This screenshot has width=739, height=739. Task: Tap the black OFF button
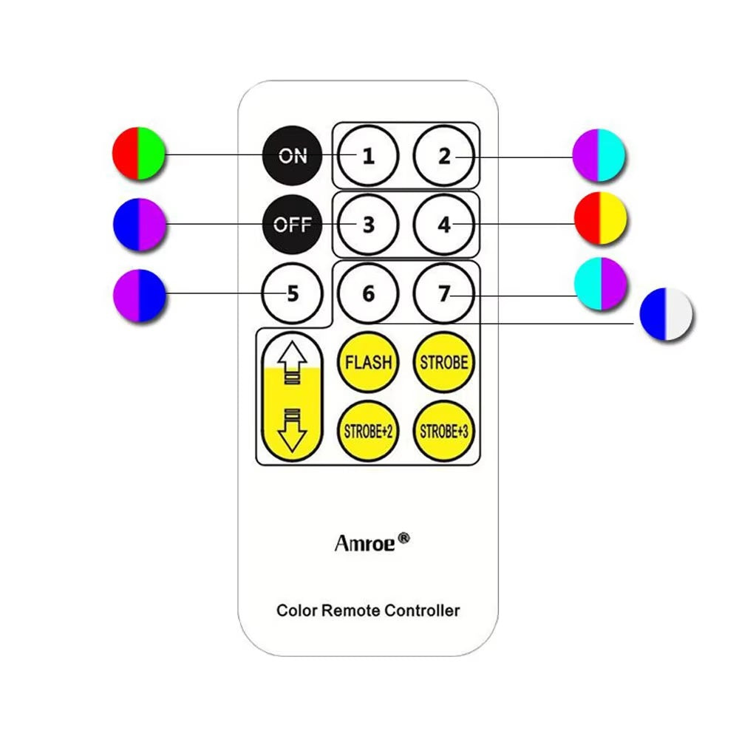coord(292,224)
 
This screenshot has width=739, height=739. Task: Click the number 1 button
coord(368,157)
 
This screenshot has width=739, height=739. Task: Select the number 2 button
coord(443,157)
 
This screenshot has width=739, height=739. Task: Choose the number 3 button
coord(368,225)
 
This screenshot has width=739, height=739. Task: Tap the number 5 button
coord(293,293)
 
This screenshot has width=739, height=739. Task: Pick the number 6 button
coord(368,293)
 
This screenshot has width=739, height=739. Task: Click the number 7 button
coord(443,293)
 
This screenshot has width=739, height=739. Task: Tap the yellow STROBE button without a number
coord(443,362)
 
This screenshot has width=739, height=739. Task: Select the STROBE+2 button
coord(368,431)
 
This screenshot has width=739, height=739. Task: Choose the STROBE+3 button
coord(443,431)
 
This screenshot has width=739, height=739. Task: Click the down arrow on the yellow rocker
coord(292,432)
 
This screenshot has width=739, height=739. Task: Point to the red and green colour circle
coord(138,154)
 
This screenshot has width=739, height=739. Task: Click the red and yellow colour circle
coord(601,219)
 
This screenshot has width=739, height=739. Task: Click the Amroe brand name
coord(366,543)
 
